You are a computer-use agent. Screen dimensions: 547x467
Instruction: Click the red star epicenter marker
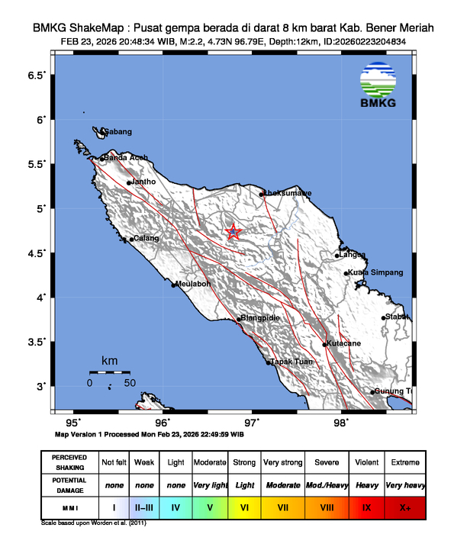[233, 233]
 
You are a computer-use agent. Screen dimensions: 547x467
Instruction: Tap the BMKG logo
[379, 87]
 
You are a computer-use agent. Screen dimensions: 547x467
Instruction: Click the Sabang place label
[118, 132]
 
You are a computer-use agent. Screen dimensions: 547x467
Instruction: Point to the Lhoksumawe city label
[288, 194]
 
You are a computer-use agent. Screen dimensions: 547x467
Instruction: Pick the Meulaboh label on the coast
[192, 284]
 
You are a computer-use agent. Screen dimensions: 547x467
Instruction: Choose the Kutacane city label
[343, 344]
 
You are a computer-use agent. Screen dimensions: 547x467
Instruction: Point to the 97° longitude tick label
[252, 422]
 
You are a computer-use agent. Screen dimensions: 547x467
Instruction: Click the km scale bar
[110, 372]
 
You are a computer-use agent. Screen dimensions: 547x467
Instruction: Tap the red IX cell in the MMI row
[366, 507]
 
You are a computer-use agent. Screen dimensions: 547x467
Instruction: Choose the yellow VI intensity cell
[244, 507]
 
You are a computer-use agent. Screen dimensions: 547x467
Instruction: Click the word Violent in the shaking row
[366, 462]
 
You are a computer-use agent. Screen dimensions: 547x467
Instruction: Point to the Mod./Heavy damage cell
[327, 484]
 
